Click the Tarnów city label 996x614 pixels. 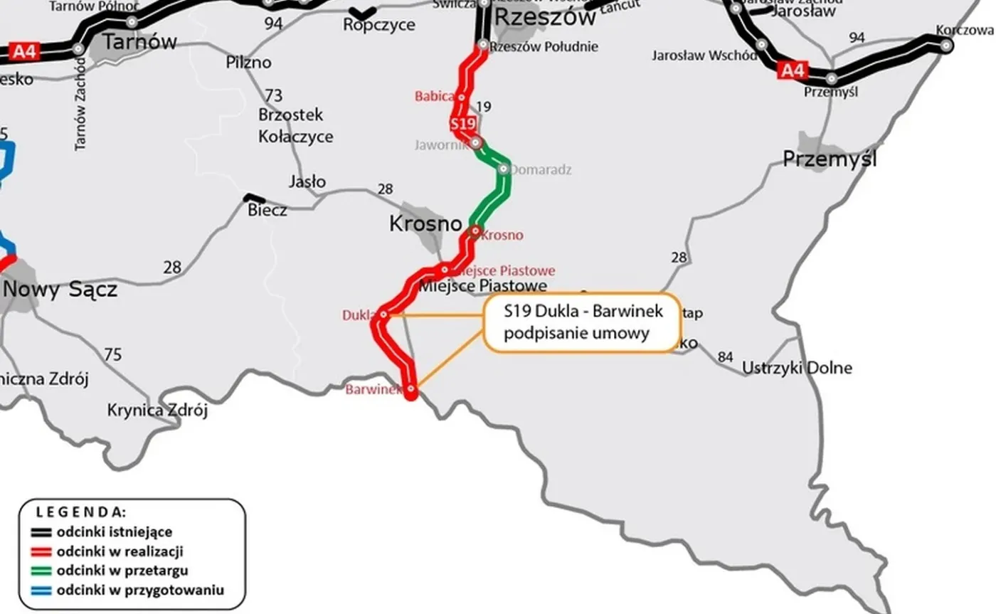coord(139,41)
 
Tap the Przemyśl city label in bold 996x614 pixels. coord(830,158)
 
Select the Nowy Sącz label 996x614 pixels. coord(60,290)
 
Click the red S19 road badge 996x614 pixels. coord(462,124)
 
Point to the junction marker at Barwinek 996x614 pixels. coord(411,389)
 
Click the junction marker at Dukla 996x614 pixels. coord(383,314)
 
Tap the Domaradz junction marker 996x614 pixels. coord(503,169)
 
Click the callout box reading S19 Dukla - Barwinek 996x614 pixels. coord(582,322)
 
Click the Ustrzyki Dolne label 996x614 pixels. coord(797,368)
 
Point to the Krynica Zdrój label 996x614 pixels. coord(157,411)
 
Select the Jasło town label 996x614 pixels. coord(307,181)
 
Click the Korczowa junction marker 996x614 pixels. coord(946,45)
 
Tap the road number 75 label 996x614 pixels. coord(112,354)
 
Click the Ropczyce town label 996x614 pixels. coord(379,25)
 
